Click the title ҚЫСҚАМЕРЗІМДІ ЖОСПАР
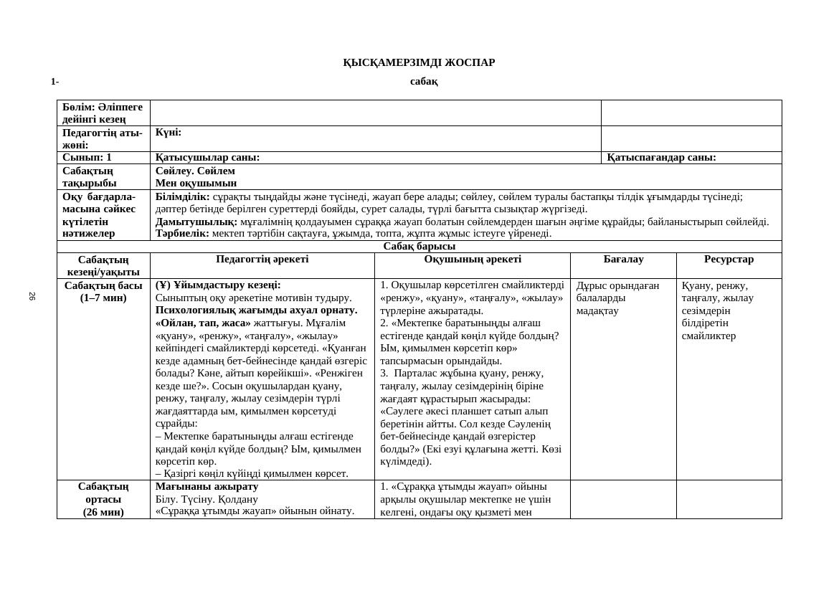(x=419, y=62)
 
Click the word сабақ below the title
(x=424, y=82)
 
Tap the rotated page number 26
(x=32, y=296)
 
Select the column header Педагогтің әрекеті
(x=262, y=260)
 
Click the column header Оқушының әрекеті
(x=473, y=260)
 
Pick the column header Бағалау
(x=623, y=260)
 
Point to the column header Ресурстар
(x=729, y=260)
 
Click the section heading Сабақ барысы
(x=419, y=247)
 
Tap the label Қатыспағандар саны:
(x=661, y=158)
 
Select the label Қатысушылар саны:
(x=207, y=158)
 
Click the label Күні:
(x=169, y=133)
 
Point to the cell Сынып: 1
(x=87, y=158)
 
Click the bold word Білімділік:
(x=182, y=196)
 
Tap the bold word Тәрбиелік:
(x=182, y=233)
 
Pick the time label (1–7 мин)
(x=103, y=298)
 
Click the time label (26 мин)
(x=103, y=512)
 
